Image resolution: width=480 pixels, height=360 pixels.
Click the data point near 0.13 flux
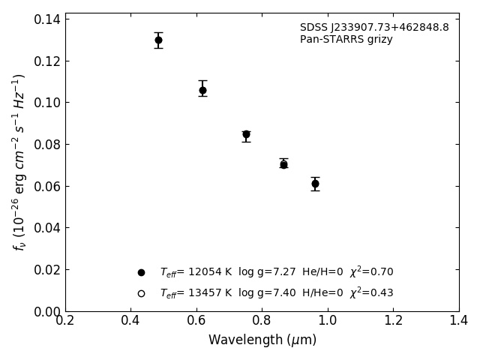tap(158, 40)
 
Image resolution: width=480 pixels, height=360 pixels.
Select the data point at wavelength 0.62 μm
tap(202, 90)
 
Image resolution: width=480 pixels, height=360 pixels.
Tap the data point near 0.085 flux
tap(246, 134)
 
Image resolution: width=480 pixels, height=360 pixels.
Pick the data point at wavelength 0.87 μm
tap(283, 164)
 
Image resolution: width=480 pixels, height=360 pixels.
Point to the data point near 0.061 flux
tap(315, 184)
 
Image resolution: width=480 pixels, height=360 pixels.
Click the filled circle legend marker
tap(141, 273)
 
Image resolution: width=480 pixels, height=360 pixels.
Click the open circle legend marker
tap(141, 293)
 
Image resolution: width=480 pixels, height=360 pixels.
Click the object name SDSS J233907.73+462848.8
tap(374, 28)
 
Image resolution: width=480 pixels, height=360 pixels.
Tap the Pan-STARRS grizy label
tap(346, 40)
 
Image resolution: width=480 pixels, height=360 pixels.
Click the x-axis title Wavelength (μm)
tap(262, 340)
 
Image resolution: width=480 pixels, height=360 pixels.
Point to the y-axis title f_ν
tap(19, 161)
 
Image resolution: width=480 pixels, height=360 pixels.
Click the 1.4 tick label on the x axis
tap(459, 321)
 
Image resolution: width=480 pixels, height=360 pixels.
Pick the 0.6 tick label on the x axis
tap(196, 321)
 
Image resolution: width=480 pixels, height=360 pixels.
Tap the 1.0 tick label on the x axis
tap(328, 321)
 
